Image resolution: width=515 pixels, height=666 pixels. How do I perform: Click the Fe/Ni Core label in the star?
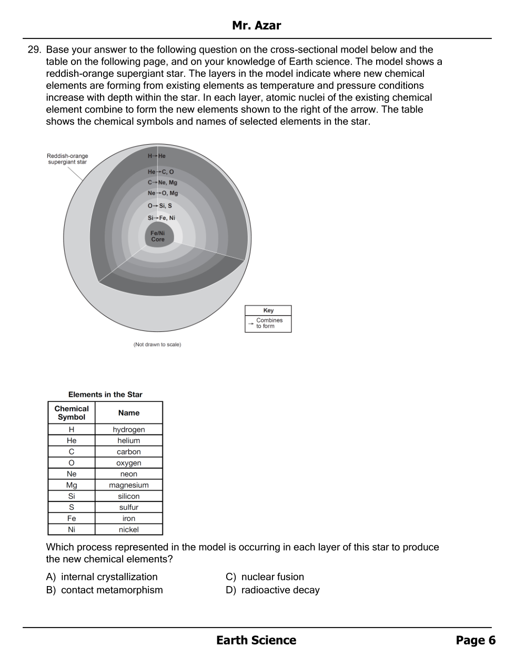tap(158, 236)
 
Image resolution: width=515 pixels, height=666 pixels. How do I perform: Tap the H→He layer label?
tap(157, 156)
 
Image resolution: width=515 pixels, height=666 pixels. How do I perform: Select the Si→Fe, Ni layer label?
tap(161, 218)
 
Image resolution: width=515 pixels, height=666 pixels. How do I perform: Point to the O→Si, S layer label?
tap(160, 206)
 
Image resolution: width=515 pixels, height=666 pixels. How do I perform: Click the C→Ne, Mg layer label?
tap(163, 183)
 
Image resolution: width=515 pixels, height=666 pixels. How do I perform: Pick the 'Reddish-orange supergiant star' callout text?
tap(67, 159)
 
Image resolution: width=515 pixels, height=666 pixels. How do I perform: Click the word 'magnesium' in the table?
tap(129, 485)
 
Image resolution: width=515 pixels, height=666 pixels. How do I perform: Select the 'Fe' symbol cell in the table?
tap(72, 518)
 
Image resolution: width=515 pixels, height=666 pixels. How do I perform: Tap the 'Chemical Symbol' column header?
tap(72, 413)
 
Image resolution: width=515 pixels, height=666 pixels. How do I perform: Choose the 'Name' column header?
tap(129, 413)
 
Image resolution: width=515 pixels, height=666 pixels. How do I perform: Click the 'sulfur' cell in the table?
tap(129, 507)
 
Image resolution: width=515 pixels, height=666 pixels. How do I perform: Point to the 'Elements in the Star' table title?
tap(105, 395)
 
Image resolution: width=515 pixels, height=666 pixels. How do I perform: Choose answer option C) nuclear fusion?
tap(265, 577)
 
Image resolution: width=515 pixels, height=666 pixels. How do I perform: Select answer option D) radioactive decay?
tap(272, 590)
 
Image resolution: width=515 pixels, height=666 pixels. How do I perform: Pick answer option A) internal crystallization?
tap(102, 577)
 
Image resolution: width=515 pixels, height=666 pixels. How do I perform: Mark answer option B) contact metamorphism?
tap(105, 590)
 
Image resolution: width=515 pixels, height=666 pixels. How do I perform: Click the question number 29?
tap(34, 50)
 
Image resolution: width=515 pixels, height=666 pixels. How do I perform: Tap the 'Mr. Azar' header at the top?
tap(257, 26)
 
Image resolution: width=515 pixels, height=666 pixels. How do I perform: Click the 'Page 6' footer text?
tap(476, 640)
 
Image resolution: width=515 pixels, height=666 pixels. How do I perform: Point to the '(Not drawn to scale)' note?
tap(157, 345)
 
